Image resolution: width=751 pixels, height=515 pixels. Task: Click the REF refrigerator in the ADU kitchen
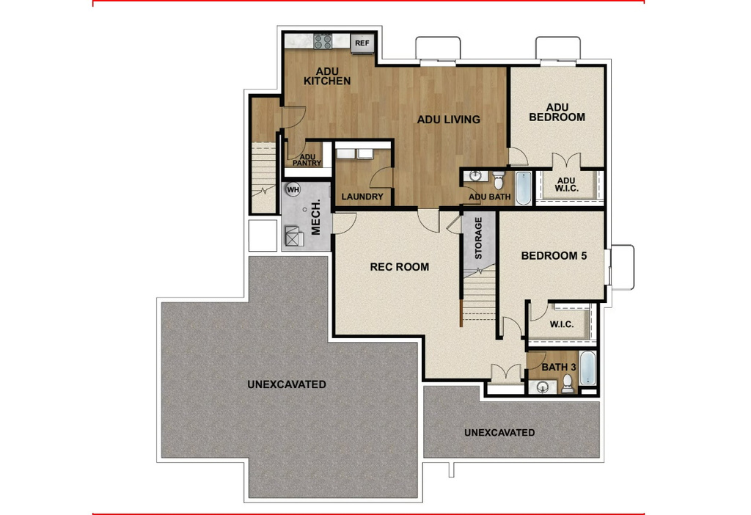tap(362, 43)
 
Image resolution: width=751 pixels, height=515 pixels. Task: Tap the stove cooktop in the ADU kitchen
tap(323, 42)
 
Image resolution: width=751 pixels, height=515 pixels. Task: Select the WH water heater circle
tap(293, 190)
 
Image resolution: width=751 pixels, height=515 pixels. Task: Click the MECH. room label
tap(317, 217)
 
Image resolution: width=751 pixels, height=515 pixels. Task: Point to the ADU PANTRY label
tap(308, 160)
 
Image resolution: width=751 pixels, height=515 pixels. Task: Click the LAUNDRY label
tap(362, 197)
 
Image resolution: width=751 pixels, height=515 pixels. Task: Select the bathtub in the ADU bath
tap(523, 189)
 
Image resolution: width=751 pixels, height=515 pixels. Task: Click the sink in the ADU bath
tap(475, 176)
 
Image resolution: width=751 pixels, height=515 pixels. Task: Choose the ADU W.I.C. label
tap(565, 185)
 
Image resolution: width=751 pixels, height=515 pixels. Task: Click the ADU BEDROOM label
tap(557, 112)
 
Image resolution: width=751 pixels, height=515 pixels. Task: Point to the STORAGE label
tap(478, 238)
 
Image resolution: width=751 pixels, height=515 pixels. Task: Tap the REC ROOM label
tap(399, 267)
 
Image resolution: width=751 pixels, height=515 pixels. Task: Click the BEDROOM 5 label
tap(554, 256)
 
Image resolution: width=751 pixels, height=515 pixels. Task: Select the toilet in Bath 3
tap(567, 384)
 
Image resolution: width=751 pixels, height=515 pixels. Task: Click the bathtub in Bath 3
tap(588, 369)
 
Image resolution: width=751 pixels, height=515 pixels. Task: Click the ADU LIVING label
tap(448, 120)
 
